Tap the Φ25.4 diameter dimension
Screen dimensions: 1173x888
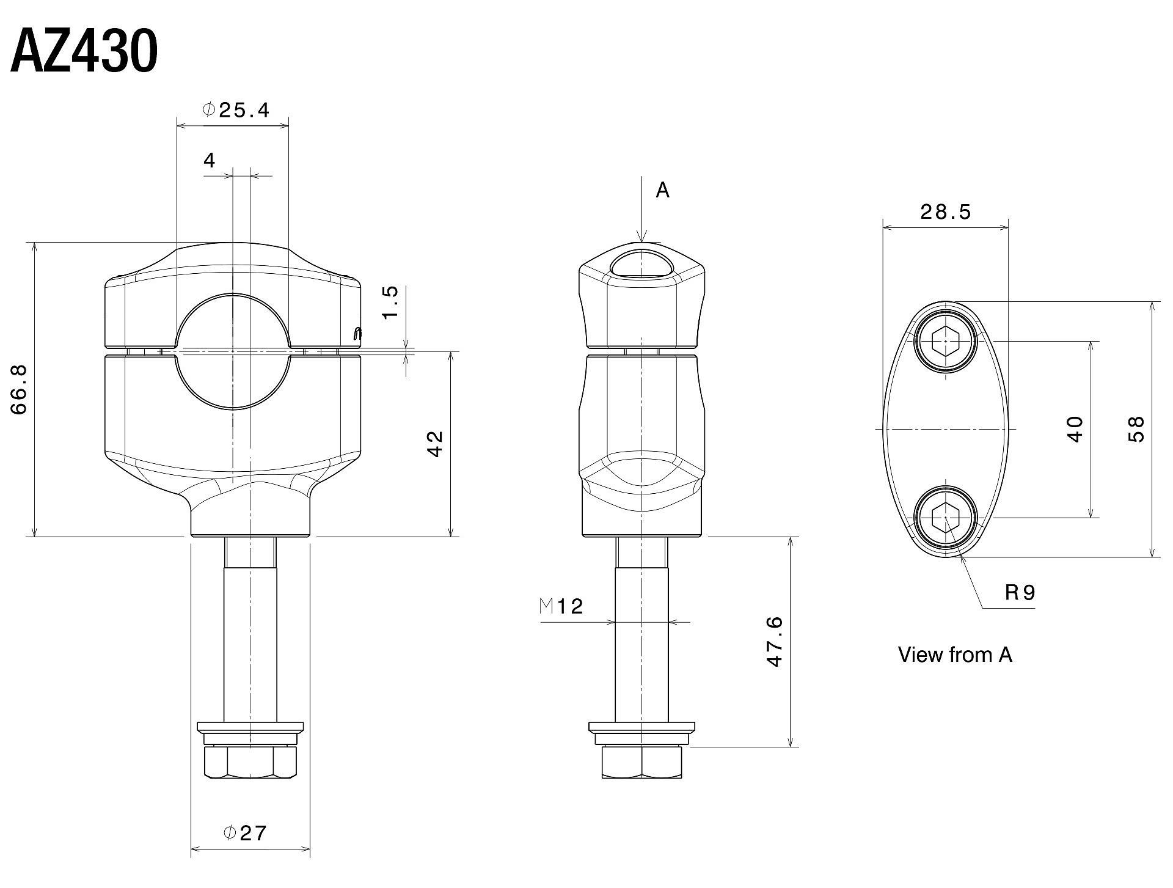click(236, 109)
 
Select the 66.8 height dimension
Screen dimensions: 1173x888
click(19, 389)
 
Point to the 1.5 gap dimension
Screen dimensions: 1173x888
click(390, 302)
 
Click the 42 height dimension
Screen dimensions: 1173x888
click(434, 444)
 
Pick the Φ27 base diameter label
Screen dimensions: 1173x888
click(245, 832)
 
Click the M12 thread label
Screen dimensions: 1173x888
click(562, 606)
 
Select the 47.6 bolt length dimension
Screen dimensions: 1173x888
click(774, 642)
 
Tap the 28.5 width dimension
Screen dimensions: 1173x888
click(945, 212)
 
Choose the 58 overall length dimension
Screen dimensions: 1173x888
click(1136, 429)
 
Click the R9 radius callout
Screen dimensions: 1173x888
click(1020, 592)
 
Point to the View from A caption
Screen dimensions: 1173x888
click(955, 655)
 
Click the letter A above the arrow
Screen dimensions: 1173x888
click(663, 191)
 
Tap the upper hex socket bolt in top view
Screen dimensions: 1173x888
click(946, 342)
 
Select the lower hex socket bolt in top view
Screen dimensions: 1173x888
click(946, 518)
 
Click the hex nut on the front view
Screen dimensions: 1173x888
click(250, 761)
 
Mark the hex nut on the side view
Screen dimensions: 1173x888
click(642, 761)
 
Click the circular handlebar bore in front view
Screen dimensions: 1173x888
click(233, 351)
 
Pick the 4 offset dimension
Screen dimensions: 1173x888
click(210, 161)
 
